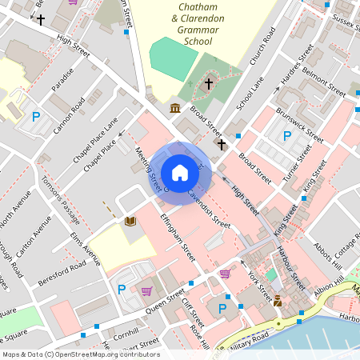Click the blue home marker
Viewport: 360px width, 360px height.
[180, 173]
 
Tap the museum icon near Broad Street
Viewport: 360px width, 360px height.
[175, 108]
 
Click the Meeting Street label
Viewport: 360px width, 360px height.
[150, 169]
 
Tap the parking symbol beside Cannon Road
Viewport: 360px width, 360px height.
[35, 118]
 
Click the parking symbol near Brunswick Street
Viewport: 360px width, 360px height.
[286, 134]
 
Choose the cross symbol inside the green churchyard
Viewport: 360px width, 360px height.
[209, 82]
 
